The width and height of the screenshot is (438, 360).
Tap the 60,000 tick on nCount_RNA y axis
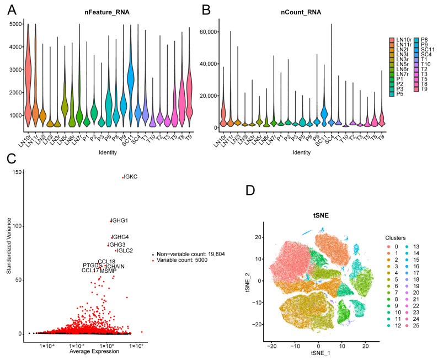(205, 33)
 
